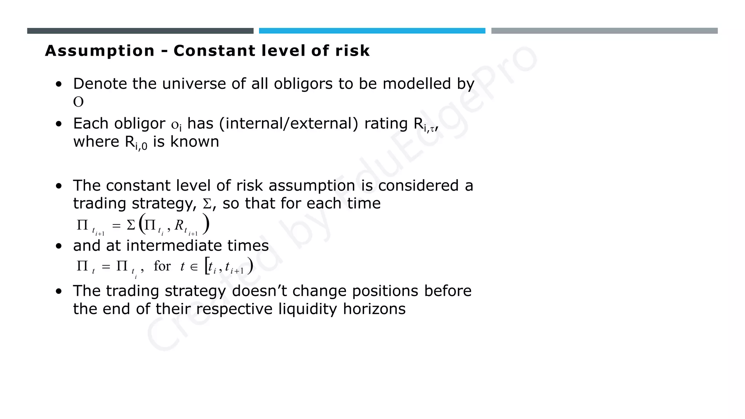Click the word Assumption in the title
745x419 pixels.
click(x=100, y=51)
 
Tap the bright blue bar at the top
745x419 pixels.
click(x=372, y=31)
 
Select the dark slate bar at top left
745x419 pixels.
click(x=140, y=31)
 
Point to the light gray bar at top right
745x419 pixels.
click(x=604, y=31)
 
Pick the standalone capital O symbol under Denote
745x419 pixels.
click(x=78, y=102)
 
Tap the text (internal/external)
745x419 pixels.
click(x=289, y=124)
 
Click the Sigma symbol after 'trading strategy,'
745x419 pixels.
click(x=207, y=204)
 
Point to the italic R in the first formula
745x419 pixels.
click(x=179, y=226)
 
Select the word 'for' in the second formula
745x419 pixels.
click(x=162, y=266)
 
